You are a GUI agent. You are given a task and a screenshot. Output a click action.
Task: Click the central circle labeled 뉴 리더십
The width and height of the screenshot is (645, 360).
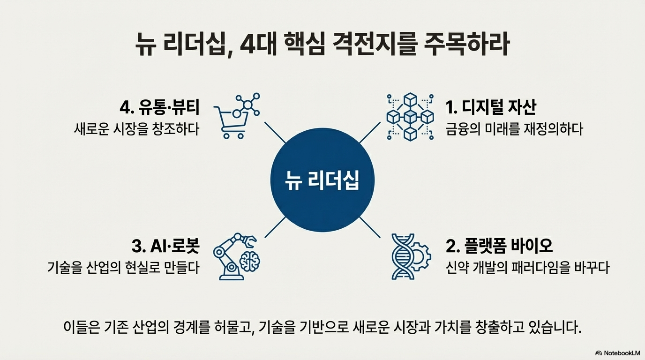tap(322, 180)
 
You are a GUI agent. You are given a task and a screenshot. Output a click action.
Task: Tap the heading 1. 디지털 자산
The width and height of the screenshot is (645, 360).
tap(491, 107)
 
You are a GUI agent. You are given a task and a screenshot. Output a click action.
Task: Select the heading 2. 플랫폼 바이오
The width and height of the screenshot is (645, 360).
tap(499, 245)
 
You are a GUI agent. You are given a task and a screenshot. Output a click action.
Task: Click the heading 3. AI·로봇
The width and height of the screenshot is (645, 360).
tap(166, 245)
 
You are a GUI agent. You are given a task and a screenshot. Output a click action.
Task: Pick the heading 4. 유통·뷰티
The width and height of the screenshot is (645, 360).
tap(159, 107)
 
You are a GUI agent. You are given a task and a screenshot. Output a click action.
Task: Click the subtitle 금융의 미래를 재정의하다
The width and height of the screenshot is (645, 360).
tap(514, 129)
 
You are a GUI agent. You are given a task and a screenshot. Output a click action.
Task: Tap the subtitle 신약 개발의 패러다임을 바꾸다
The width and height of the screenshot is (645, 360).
tap(527, 268)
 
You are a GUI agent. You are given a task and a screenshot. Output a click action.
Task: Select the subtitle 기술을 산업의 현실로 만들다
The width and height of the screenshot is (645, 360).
tap(124, 268)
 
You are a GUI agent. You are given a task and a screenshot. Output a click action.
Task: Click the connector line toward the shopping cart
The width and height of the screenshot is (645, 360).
tap(275, 133)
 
